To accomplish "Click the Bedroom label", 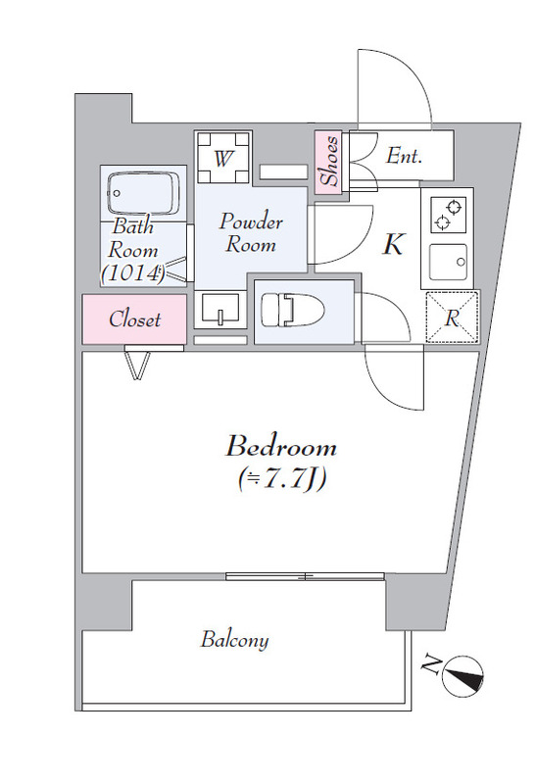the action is (x=281, y=446).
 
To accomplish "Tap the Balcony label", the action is (x=234, y=640).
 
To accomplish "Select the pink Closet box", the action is (x=134, y=319).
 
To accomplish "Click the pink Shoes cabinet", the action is (x=328, y=162).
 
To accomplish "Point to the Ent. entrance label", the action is (x=405, y=157).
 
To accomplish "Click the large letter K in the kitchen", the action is (x=393, y=244).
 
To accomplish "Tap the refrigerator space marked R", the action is (x=452, y=318).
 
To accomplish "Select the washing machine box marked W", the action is (x=222, y=158).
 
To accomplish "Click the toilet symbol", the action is (x=293, y=310).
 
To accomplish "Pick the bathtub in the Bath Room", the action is (x=143, y=194).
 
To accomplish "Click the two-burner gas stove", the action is (x=448, y=214).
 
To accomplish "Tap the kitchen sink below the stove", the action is (x=448, y=261).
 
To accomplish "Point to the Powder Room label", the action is (x=251, y=233).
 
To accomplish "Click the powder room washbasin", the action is (x=220, y=309).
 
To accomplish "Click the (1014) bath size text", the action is (x=132, y=273).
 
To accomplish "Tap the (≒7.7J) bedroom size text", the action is (x=282, y=478).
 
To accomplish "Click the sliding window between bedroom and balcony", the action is (x=305, y=576).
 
